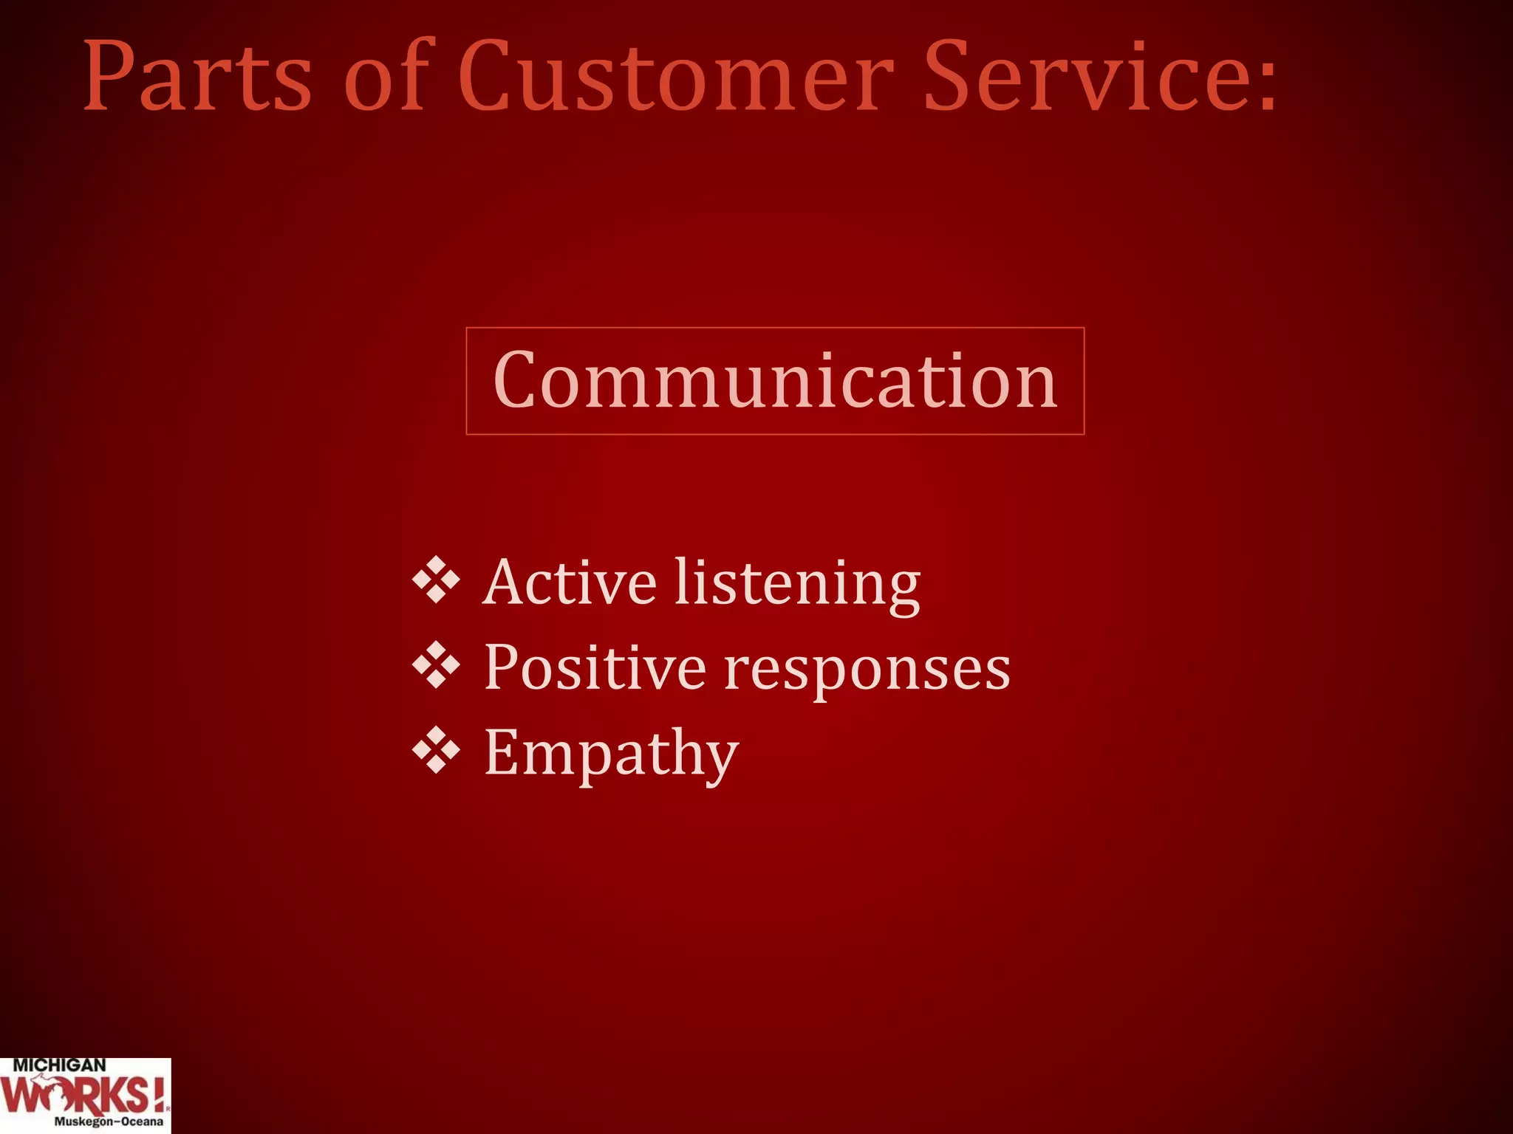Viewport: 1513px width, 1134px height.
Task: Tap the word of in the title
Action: pyautogui.click(x=386, y=78)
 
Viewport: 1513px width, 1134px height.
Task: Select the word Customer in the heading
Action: pyautogui.click(x=675, y=78)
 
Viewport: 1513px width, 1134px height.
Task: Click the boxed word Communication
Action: pyautogui.click(x=775, y=381)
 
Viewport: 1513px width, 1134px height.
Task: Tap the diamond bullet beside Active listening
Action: pyautogui.click(x=436, y=580)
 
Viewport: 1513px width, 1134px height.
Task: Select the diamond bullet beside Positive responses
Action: pyautogui.click(x=436, y=665)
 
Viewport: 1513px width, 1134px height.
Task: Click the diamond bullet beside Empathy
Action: pyautogui.click(x=436, y=750)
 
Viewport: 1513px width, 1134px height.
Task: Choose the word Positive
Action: pyautogui.click(x=595, y=668)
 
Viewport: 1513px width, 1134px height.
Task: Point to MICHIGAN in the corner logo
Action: pyautogui.click(x=59, y=1066)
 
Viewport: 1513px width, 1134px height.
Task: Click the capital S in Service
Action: pyautogui.click(x=948, y=78)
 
